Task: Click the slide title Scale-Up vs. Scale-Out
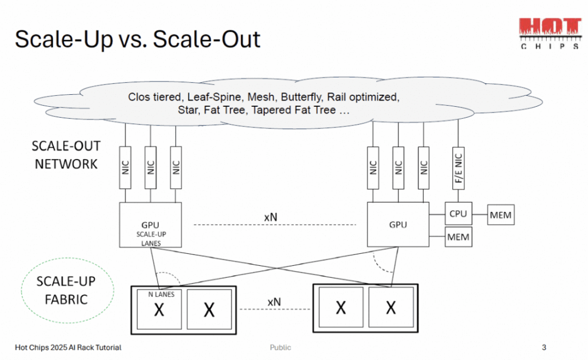coord(138,39)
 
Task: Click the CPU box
coord(458,214)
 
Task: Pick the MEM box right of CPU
coord(500,216)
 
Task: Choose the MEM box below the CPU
coord(458,237)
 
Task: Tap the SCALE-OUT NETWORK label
coord(66,155)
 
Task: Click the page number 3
coord(544,347)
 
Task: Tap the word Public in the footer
coord(280,347)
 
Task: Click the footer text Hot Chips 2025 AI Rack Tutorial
coord(68,347)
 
